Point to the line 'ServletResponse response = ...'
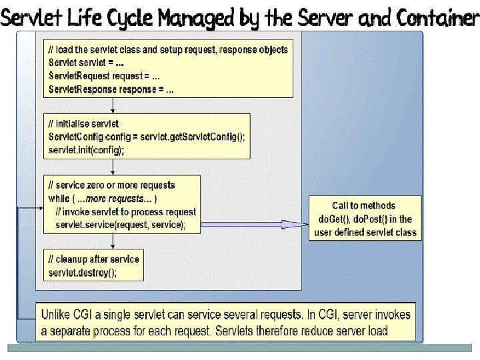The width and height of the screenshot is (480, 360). click(111, 88)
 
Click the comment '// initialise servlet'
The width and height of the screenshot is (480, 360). click(83, 124)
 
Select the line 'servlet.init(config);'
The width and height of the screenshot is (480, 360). click(86, 150)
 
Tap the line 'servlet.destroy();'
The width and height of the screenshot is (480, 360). click(83, 273)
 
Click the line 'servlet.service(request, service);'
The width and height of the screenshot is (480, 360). click(121, 225)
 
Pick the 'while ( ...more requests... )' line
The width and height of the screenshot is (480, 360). click(103, 199)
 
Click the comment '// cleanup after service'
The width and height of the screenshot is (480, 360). click(93, 259)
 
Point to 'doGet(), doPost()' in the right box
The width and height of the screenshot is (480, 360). click(365, 219)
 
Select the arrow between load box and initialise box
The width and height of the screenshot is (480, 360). click(114, 105)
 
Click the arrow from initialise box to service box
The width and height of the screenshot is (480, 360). click(114, 166)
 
